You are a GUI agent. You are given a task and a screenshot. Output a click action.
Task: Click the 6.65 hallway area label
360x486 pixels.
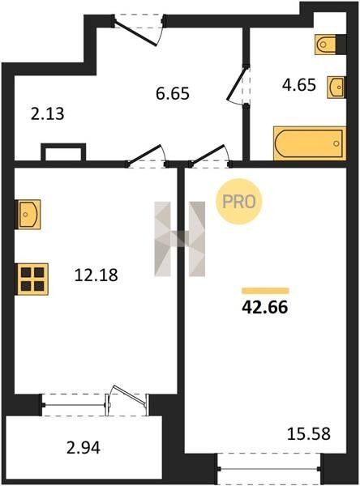(173, 93)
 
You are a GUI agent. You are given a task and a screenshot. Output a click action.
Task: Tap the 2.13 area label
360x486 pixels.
(48, 113)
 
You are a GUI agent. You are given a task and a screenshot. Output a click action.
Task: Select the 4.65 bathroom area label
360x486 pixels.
(299, 84)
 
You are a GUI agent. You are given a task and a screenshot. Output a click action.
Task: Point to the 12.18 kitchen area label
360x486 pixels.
(96, 275)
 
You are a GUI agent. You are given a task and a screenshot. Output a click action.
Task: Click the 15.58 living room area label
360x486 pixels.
(309, 433)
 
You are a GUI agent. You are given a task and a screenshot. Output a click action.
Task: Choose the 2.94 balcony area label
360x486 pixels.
(84, 448)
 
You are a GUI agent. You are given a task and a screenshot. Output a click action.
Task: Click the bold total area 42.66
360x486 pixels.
(265, 307)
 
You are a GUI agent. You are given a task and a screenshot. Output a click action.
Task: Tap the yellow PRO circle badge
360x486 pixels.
(239, 202)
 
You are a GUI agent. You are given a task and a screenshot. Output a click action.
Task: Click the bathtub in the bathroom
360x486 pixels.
(310, 143)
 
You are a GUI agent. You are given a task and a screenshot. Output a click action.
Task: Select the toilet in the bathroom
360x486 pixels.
(325, 45)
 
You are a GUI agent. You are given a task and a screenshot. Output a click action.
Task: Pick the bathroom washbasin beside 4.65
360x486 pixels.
(336, 87)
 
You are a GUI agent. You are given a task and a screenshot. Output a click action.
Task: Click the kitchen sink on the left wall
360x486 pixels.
(28, 214)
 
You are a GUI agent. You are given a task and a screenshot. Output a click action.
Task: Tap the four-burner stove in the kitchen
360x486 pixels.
(32, 279)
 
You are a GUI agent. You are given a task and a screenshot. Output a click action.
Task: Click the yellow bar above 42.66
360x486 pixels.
(265, 291)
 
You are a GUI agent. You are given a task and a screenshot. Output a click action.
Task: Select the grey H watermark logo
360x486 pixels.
(180, 239)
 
